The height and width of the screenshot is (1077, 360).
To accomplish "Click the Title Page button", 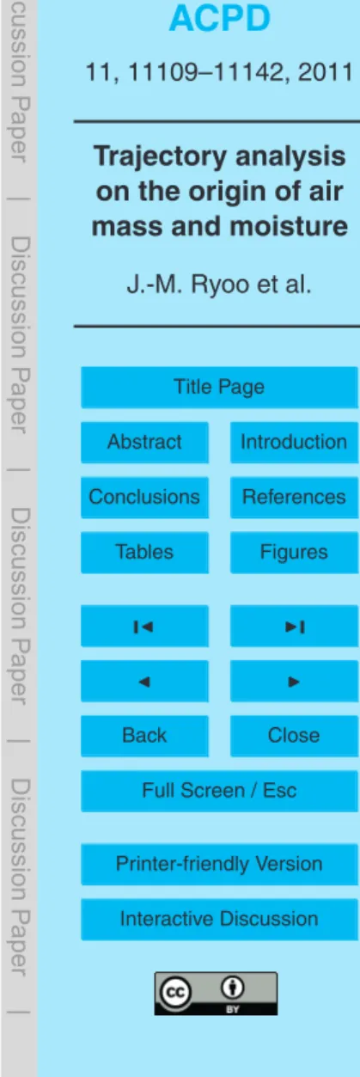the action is pos(219,387).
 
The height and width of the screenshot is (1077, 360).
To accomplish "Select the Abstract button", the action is pos(144,443).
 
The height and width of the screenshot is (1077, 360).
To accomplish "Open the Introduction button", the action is pos(294,443).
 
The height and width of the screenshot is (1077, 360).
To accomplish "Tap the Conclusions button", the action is pos(144,497).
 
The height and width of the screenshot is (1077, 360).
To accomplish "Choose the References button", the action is pos(294,497).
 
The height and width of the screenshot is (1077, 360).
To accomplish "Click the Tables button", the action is pos(144,553).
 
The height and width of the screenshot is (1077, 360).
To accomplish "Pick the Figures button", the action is pos(294,553).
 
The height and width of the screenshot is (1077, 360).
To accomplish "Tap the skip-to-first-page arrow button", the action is pos(144,626).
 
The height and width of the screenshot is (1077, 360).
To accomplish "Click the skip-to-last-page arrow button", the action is pos(294,626).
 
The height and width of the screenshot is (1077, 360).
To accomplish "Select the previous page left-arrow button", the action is pos(144,682).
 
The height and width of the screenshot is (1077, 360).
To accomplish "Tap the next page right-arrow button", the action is pos(294,682).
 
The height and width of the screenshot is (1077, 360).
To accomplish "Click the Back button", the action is pos(144,736).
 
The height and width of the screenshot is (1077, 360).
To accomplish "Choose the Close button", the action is pos(294,736).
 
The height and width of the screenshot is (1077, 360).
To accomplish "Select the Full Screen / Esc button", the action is pos(219,792).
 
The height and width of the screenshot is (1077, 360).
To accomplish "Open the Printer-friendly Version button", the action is pos(219,865).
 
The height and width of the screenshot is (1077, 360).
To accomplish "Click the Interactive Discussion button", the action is pos(219,920).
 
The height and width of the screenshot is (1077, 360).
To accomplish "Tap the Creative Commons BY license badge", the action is pos(216,994).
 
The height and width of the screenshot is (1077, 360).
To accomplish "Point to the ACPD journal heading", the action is pos(220,18).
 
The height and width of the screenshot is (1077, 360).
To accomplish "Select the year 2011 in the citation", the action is pos(326,72).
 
